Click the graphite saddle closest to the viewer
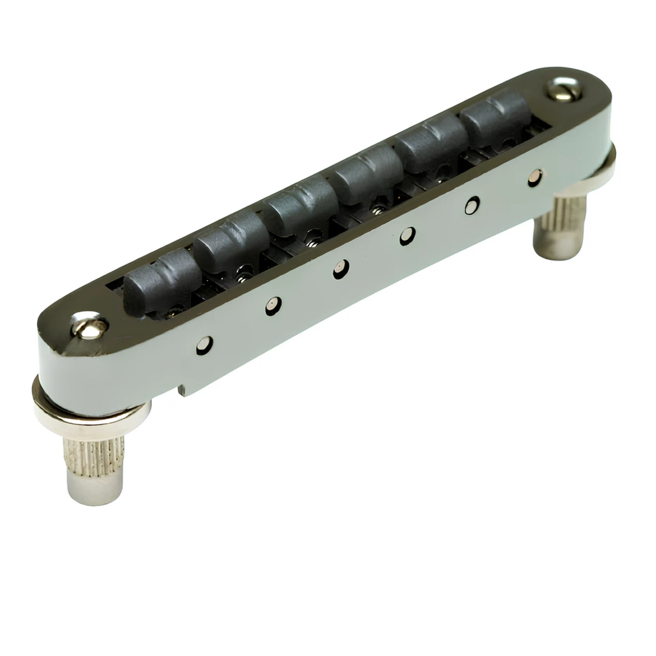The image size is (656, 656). [x=161, y=281]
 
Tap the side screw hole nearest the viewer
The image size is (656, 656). [x=204, y=345]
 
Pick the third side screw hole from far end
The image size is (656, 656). [x=408, y=236]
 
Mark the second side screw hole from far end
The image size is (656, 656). [x=472, y=205]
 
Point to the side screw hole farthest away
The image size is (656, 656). [x=535, y=177]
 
